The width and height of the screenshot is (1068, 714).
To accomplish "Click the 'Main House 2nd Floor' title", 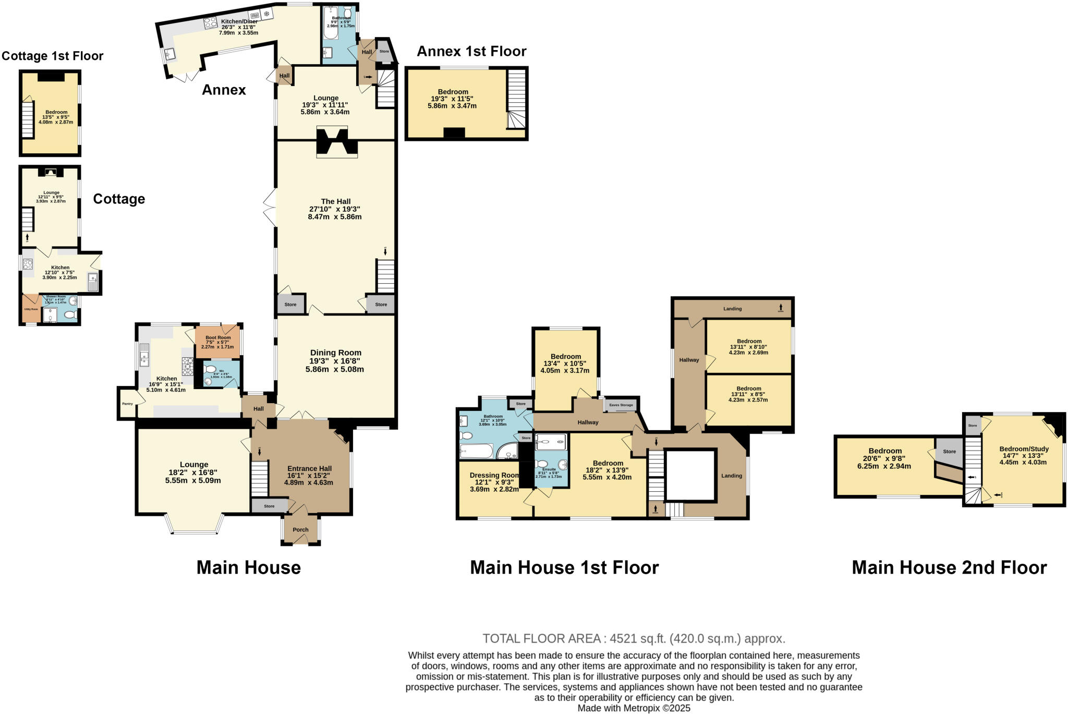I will [x=949, y=567].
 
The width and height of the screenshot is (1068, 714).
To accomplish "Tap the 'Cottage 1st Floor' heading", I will [x=52, y=56].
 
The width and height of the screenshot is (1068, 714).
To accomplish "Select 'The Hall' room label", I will [x=335, y=202].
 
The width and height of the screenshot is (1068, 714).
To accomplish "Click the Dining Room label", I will [x=335, y=353].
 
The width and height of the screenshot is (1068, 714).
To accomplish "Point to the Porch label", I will [x=300, y=529].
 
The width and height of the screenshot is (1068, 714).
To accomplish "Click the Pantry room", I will [x=127, y=404].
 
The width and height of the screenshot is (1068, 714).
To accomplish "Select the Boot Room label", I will [x=218, y=338].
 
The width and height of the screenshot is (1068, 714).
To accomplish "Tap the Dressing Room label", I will [x=494, y=475].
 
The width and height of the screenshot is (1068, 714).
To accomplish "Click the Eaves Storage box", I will [x=621, y=405].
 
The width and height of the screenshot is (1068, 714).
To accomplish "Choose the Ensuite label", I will [x=549, y=469].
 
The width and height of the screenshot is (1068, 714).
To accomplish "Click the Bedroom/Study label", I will [x=1023, y=449].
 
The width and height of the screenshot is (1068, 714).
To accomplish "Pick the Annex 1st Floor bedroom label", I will [x=453, y=92].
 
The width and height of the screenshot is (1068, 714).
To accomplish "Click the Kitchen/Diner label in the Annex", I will [x=239, y=21].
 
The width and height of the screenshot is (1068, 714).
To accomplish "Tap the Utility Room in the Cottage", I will [x=31, y=309].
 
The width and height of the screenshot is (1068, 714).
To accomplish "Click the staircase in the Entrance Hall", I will [x=259, y=478].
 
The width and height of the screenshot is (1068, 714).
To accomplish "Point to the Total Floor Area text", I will [x=633, y=638].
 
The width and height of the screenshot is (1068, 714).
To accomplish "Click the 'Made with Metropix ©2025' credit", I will [x=633, y=708].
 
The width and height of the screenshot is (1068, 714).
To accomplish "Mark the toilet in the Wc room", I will [x=211, y=369].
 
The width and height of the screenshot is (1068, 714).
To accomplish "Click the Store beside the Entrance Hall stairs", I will [x=269, y=506].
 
